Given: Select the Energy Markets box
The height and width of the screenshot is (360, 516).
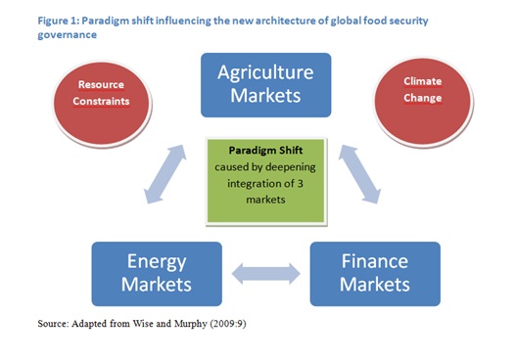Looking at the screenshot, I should tap(155, 274).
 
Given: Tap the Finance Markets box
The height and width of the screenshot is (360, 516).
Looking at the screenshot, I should tap(375, 274).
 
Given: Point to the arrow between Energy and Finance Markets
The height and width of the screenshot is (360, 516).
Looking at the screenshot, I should tap(265, 271).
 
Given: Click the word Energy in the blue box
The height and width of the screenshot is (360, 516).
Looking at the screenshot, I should tap(155, 261).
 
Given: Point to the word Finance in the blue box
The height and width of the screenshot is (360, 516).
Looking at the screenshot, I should tap(375, 261).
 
